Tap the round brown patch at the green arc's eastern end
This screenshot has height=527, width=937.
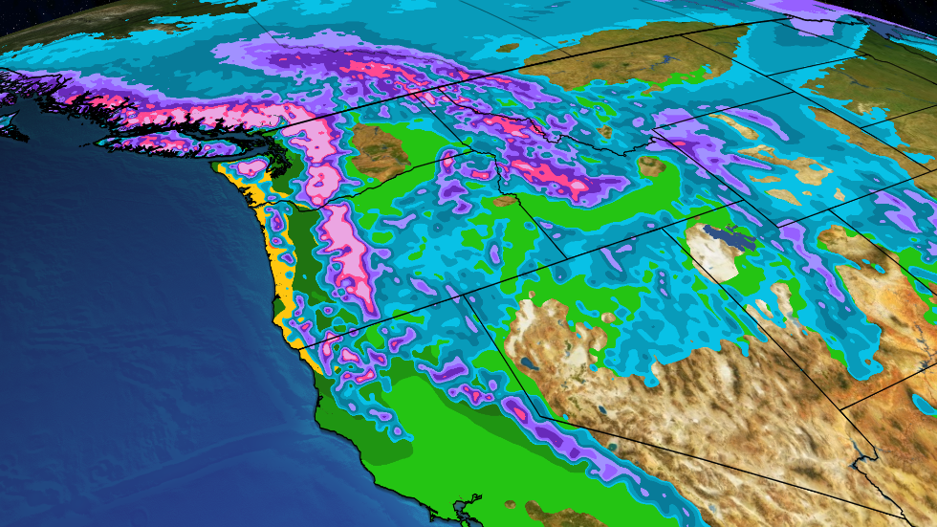pyautogui.click(x=652, y=167)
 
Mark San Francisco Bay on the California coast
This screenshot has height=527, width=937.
pyautogui.click(x=467, y=502)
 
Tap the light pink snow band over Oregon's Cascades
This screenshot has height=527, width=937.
pyautogui.click(x=349, y=258)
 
